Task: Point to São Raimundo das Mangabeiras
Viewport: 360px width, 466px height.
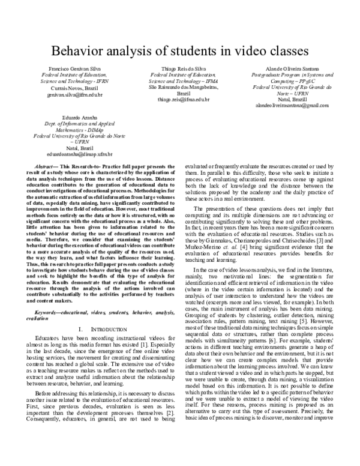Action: (179, 88)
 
